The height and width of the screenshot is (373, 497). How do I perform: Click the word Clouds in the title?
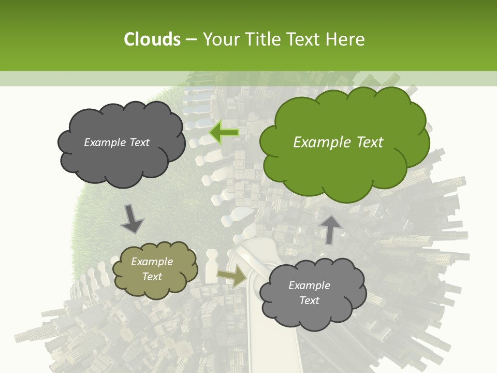coord(152,39)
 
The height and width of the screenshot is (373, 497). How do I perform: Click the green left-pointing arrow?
coord(224,133)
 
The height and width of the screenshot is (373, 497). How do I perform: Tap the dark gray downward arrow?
coord(131,219)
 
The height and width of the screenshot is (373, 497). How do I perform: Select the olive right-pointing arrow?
coord(232,276)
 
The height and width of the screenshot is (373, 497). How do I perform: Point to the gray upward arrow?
coord(330,229)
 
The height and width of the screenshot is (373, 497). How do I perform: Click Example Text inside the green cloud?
coord(338,142)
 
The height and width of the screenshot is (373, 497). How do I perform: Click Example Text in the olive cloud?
coord(152,269)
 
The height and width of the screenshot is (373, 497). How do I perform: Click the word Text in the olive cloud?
coord(152,277)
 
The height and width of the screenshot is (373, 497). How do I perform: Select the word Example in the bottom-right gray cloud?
coord(309,285)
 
